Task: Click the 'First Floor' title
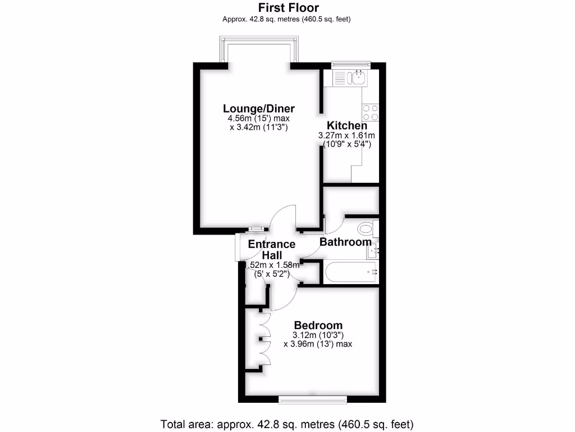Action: point(288,8)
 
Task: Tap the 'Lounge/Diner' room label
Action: point(259,109)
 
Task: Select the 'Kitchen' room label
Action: point(347,125)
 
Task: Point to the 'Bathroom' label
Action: point(345,242)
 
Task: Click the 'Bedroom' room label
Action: point(318,325)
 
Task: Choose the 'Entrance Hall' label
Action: point(272,249)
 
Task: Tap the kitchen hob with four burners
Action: point(370,112)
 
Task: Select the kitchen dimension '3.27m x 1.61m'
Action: point(347,136)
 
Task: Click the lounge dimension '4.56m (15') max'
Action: point(259,119)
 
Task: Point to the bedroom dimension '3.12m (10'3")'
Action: point(318,335)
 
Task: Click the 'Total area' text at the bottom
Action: point(287,423)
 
